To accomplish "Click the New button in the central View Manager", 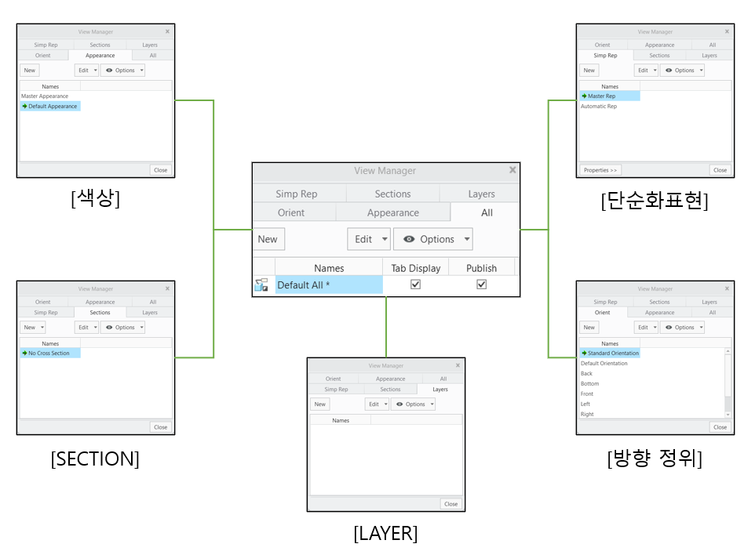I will coord(268,239).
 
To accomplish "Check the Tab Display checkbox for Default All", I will coord(415,285).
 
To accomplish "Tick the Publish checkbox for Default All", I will coord(481,285).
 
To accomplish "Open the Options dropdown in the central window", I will coord(432,239).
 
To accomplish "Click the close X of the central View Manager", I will coord(512,170).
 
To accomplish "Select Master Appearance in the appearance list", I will coord(45,96).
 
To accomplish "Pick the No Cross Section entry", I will coord(49,353).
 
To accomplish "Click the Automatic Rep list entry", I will coord(599,107).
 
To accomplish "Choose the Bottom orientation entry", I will coord(589,384).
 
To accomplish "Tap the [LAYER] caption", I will coord(385,534).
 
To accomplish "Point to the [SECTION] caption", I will coord(95,459).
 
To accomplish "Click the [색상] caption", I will coord(95,199).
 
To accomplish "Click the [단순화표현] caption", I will coord(655,201).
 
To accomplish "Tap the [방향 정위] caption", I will coord(654,459).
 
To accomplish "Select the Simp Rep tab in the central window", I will coord(297,194).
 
